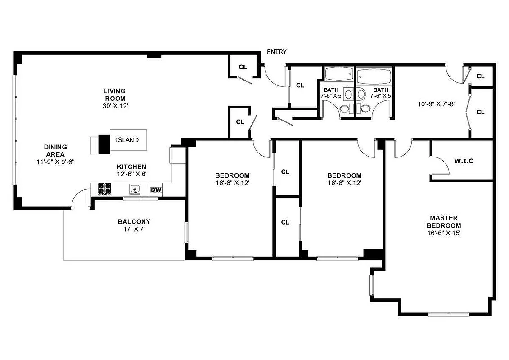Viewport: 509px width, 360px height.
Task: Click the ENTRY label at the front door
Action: (x=276, y=52)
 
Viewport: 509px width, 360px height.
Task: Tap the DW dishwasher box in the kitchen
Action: (x=156, y=189)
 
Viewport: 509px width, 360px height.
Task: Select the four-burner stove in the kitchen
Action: (x=104, y=189)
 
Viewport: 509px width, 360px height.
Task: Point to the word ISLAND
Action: (x=127, y=140)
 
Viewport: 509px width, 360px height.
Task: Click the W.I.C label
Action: (x=464, y=161)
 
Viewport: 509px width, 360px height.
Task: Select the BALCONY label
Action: (x=134, y=222)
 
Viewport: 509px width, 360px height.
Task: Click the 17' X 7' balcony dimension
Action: (x=134, y=229)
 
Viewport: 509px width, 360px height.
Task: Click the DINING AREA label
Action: (x=55, y=151)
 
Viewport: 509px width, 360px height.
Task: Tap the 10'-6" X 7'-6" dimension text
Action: (x=437, y=103)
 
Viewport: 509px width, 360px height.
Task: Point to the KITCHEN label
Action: (x=131, y=167)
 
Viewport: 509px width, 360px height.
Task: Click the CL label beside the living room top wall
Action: (x=243, y=67)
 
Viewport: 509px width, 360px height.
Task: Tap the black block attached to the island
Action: (x=104, y=144)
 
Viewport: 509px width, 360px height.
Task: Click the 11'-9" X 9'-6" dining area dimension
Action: (x=55, y=161)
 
